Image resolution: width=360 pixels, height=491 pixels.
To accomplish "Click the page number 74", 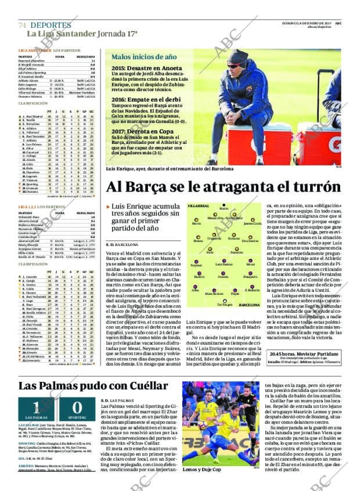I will pyautogui.click(x=22, y=26).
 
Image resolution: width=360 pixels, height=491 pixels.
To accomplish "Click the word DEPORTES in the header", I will pyautogui.click(x=51, y=26).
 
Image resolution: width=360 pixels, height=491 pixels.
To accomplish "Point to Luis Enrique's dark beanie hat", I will pyautogui.click(x=236, y=55).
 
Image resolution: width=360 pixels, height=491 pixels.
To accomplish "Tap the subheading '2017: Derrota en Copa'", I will pyautogui.click(x=138, y=130).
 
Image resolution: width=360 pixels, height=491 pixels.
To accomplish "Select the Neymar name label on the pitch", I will pyautogui.click(x=197, y=265).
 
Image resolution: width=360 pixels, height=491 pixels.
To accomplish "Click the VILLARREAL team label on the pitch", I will pyautogui.click(x=214, y=206).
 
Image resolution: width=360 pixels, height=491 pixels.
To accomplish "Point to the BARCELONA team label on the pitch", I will pyautogui.click(x=249, y=305).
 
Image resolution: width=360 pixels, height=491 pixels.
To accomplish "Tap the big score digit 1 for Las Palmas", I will pyautogui.click(x=36, y=407).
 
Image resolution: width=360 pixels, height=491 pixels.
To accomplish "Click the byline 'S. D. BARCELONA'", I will pyautogui.click(x=122, y=245).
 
